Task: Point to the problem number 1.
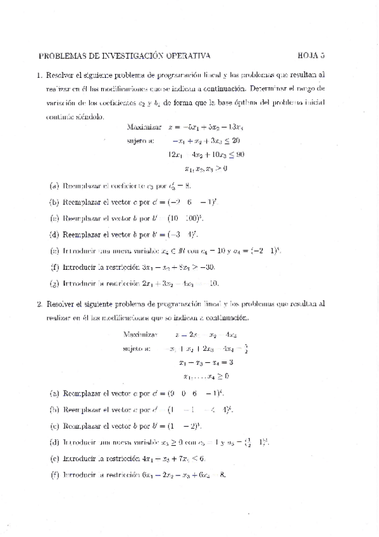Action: [x=39, y=74]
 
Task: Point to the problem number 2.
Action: [x=39, y=303]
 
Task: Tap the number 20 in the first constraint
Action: [x=235, y=140]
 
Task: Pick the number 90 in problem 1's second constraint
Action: [x=240, y=154]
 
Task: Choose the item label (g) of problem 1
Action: [x=54, y=283]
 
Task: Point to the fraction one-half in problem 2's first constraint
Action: [x=245, y=348]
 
